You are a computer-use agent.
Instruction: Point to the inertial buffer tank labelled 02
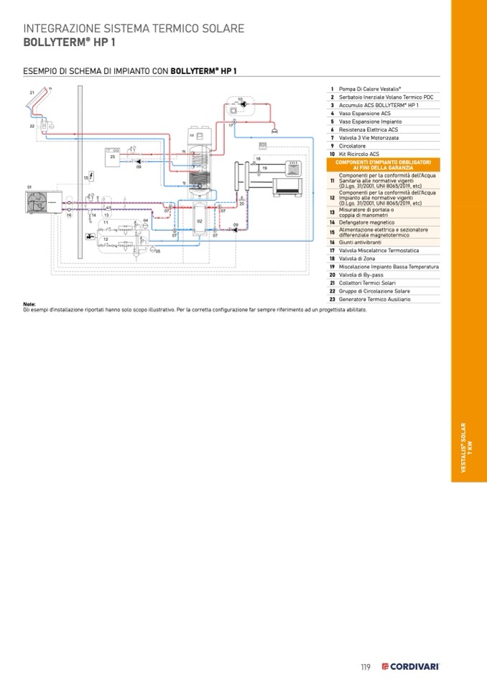[200, 222]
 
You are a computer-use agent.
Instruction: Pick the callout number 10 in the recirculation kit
[240, 99]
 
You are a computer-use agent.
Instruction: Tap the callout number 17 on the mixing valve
[231, 126]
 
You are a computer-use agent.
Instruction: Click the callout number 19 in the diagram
[264, 168]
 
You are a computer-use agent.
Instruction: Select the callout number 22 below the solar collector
[32, 126]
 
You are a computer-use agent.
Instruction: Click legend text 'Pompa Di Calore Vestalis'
[370, 88]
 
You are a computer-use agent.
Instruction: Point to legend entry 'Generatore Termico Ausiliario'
[375, 299]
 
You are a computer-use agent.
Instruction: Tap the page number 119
[365, 667]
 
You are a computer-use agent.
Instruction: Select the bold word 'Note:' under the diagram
[29, 304]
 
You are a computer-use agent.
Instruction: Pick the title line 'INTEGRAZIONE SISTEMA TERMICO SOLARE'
[134, 29]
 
